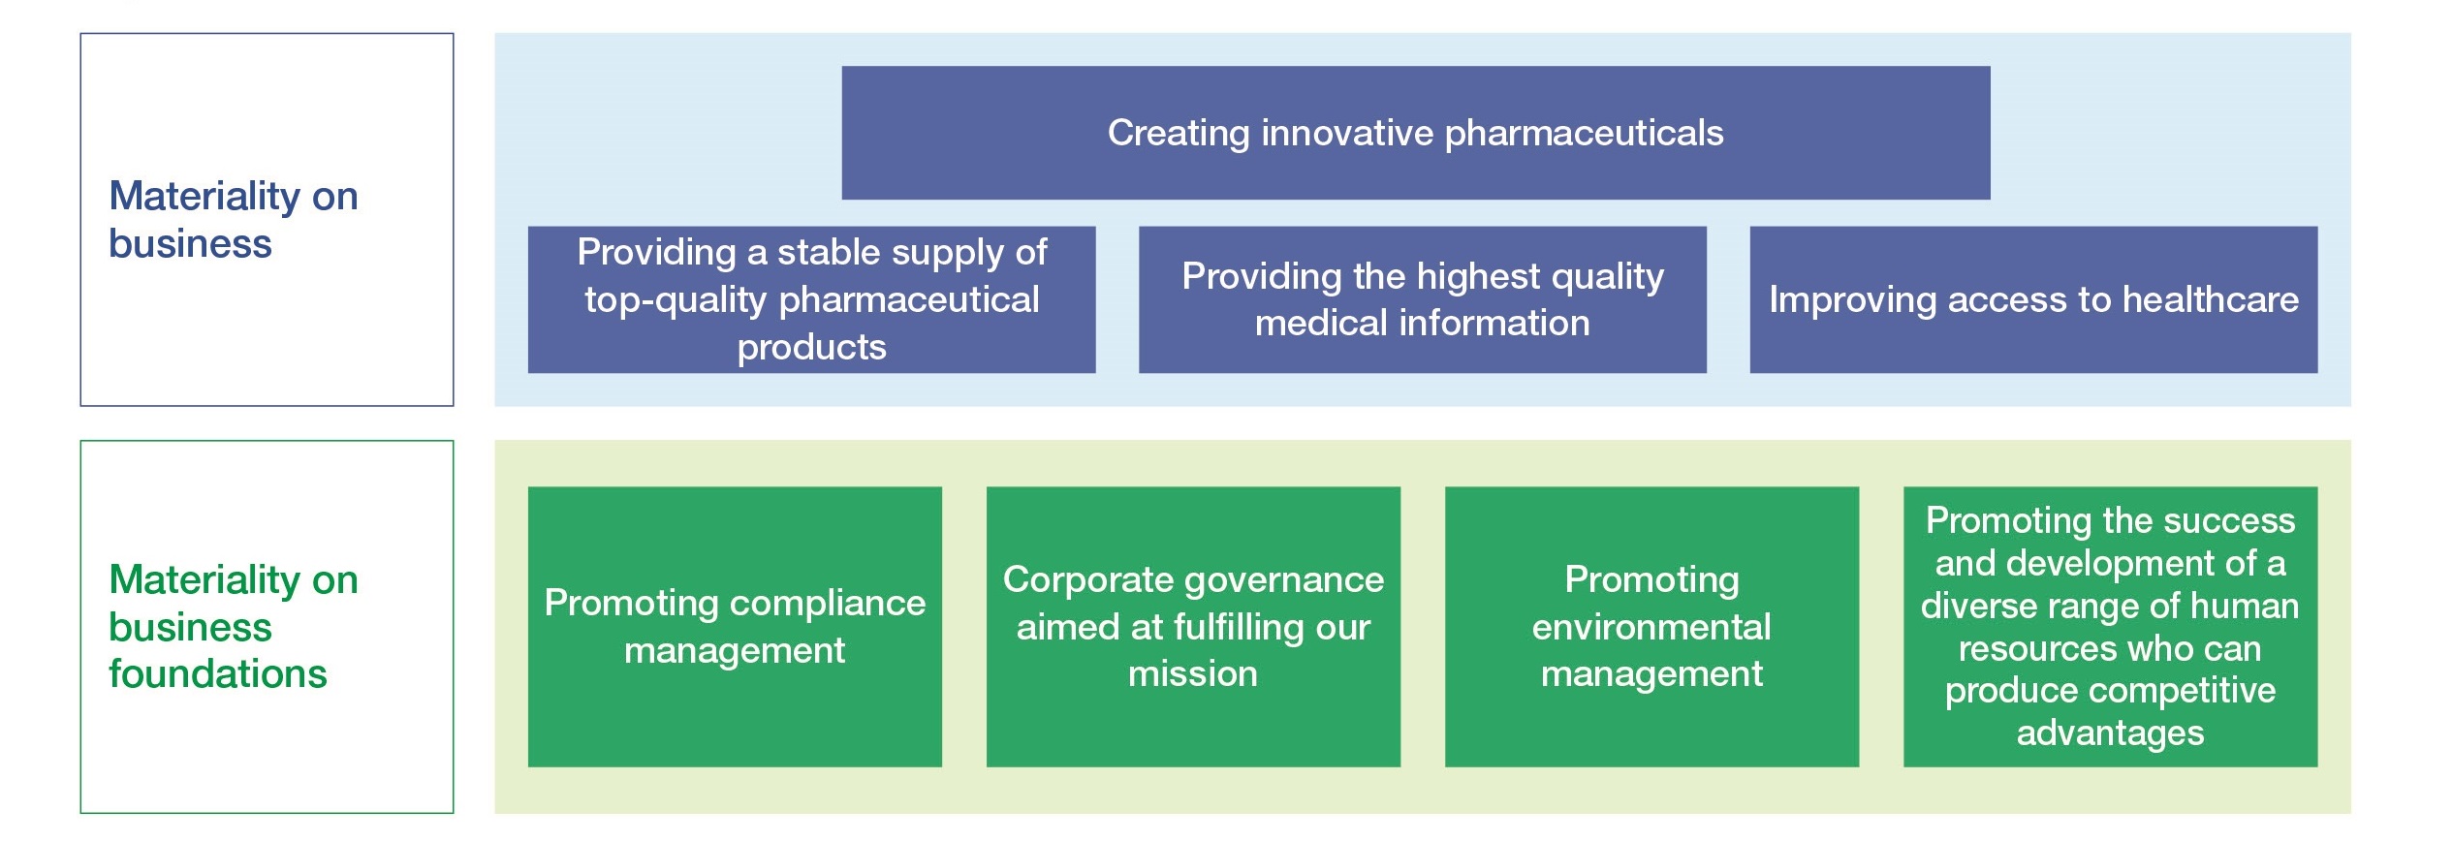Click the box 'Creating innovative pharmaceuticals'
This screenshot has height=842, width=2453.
pos(1415,133)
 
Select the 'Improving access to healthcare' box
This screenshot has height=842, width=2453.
pos(2033,299)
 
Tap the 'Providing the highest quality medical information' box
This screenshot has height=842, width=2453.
pos(1422,299)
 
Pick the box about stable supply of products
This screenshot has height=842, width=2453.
pos(811,299)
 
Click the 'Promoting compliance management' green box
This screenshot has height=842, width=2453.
pos(735,626)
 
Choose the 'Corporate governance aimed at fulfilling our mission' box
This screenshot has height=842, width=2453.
pos(1193,626)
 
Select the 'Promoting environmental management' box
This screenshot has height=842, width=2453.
pos(1651,626)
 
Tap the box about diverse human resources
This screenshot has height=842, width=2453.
pos(2110,626)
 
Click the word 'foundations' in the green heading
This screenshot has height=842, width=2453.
pos(218,673)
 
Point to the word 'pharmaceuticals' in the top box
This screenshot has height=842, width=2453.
pos(1584,134)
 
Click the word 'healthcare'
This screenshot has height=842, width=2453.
pos(2211,299)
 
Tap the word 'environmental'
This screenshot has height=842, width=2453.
pos(1651,627)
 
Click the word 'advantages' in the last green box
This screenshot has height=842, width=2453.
pos(2110,733)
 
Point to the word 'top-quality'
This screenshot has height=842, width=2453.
pos(676,300)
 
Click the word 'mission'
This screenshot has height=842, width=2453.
pos(1193,673)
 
